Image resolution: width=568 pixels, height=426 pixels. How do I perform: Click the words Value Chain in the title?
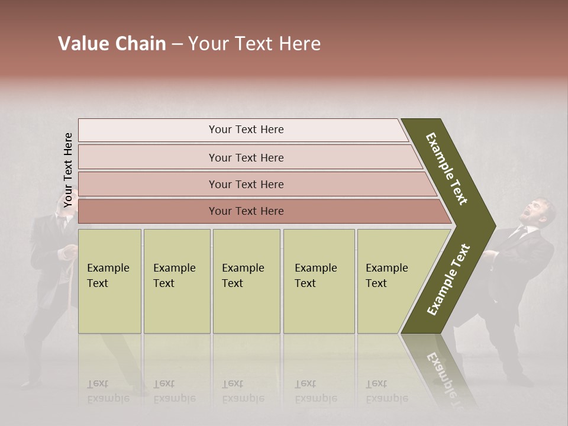(x=112, y=44)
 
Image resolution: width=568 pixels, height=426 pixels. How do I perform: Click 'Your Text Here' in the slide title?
(x=254, y=44)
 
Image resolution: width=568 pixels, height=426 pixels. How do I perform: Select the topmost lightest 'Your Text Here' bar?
(x=246, y=130)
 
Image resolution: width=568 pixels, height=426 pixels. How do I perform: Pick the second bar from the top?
(x=246, y=157)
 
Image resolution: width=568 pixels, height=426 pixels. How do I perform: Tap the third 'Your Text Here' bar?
(x=246, y=185)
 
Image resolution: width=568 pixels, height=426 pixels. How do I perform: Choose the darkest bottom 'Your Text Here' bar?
(x=246, y=211)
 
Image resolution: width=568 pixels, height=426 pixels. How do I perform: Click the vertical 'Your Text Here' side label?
(x=68, y=170)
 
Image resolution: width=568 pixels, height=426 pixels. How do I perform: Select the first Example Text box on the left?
(x=109, y=280)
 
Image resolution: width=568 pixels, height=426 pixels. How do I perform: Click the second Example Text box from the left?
(x=176, y=280)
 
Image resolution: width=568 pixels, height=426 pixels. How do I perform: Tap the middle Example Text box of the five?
(x=246, y=280)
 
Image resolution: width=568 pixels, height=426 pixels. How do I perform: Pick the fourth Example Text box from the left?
(x=318, y=280)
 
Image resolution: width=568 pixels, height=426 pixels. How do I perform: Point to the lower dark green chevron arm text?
(x=449, y=280)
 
